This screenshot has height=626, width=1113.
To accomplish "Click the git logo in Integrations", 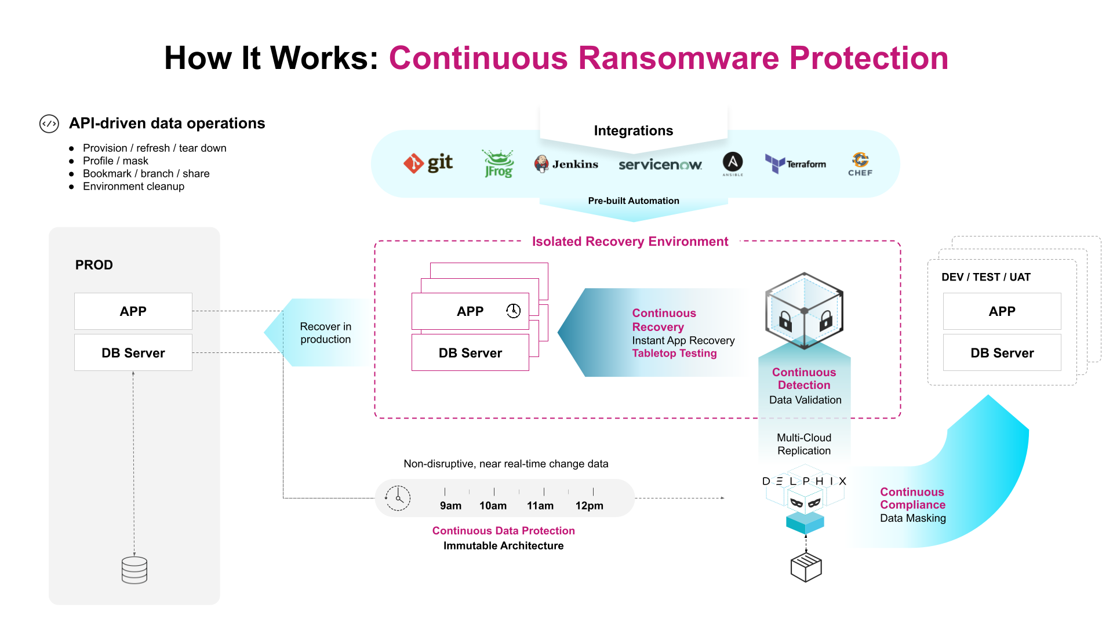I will pyautogui.click(x=428, y=163).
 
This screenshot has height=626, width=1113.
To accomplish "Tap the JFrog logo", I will pyautogui.click(x=498, y=164).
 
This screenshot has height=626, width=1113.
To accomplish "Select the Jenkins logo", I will pyautogui.click(x=566, y=164).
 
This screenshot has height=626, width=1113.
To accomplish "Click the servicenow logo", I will pyautogui.click(x=660, y=165).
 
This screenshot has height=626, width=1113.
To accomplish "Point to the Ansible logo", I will pyautogui.click(x=733, y=163).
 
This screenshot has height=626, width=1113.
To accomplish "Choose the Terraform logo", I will pyautogui.click(x=795, y=164).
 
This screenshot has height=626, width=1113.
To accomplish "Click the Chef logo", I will pyautogui.click(x=860, y=164).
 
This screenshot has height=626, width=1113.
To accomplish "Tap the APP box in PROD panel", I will pyautogui.click(x=133, y=311).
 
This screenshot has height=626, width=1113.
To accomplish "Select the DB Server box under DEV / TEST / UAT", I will pyautogui.click(x=1002, y=353).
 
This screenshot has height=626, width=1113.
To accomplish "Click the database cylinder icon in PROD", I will pyautogui.click(x=134, y=570).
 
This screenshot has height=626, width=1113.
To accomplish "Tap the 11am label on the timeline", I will pyautogui.click(x=540, y=505).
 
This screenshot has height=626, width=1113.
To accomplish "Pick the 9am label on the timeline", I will pyautogui.click(x=450, y=505).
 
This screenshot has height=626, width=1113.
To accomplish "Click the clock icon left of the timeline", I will pyautogui.click(x=398, y=498).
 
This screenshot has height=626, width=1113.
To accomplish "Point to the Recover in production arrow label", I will pyautogui.click(x=325, y=333).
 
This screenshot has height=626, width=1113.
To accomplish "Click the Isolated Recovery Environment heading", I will pyautogui.click(x=630, y=242).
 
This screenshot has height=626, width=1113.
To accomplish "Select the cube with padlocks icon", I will pyautogui.click(x=804, y=311).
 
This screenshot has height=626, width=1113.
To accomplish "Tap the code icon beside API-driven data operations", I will pyautogui.click(x=49, y=123).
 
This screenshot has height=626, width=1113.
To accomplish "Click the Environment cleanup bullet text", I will pyautogui.click(x=133, y=187).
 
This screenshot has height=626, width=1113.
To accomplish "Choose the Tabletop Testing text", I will pyautogui.click(x=674, y=354).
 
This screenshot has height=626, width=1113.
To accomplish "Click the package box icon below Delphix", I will pyautogui.click(x=806, y=567).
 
